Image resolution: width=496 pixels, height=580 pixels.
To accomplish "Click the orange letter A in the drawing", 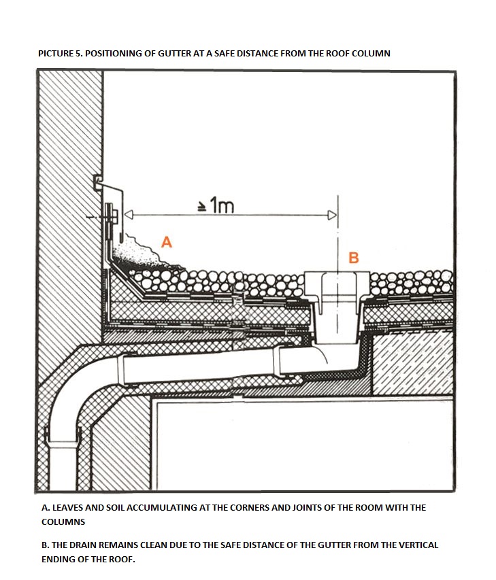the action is tap(167, 242).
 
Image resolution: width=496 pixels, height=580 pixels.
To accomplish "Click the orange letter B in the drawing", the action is tap(354, 258).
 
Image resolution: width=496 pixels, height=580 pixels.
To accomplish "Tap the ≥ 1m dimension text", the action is tap(216, 205).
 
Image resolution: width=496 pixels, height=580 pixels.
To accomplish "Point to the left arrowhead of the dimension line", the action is tap(129, 215).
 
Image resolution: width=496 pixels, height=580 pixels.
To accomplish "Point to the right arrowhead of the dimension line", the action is tap(333, 215).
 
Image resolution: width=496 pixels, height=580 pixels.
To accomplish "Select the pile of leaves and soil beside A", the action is tap(142, 254).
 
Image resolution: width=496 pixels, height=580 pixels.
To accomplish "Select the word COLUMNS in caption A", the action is tap(63, 522).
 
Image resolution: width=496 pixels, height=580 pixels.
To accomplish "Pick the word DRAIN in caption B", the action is tap(86, 545).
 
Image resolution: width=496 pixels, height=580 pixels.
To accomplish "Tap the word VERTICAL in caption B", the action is tap(418, 545).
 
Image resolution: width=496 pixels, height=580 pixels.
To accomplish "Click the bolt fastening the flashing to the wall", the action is tap(110, 216).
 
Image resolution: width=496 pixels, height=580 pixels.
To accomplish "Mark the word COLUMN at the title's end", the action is tap(371, 53).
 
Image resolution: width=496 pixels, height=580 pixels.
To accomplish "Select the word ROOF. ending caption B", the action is tap(122, 560).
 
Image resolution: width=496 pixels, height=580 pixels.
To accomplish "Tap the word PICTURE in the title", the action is tap(56, 53).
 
